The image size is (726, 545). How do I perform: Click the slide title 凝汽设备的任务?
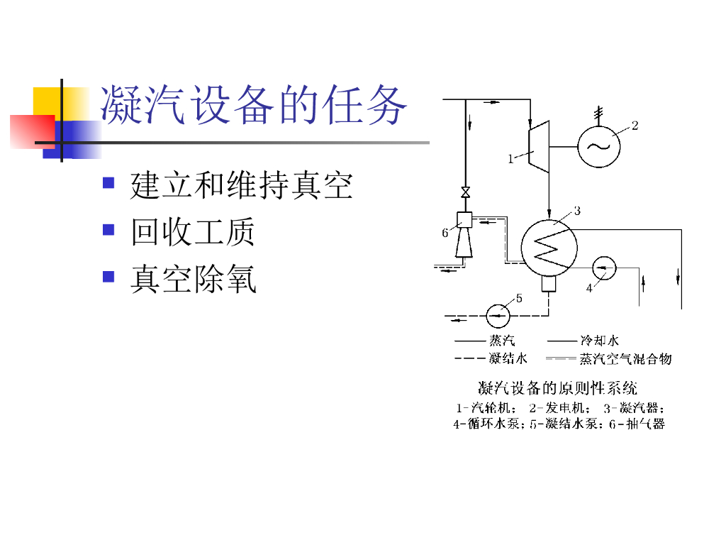pos(254,107)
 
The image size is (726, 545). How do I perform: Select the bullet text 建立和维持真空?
pos(241,186)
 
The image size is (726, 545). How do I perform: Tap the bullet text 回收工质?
pos(192,232)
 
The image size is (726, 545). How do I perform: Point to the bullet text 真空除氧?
pos(192,279)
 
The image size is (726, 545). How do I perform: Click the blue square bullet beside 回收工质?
pos(108,230)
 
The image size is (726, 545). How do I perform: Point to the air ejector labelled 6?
pos(465,234)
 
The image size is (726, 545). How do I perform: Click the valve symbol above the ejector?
pos(465,192)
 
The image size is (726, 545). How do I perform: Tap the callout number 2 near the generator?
pos(635,126)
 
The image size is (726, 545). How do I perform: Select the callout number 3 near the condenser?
pos(577,211)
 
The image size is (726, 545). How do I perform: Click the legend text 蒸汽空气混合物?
pos(625,358)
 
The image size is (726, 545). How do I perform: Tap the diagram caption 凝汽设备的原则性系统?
pos(557,388)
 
